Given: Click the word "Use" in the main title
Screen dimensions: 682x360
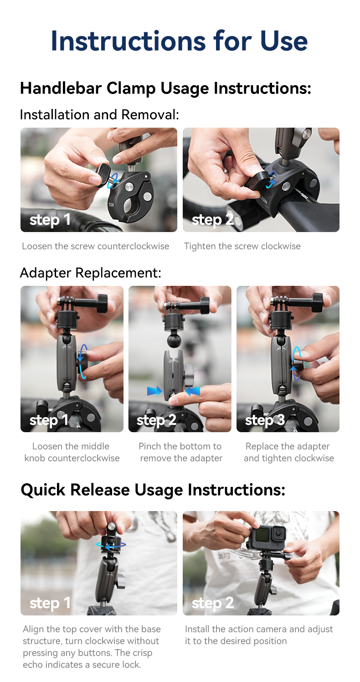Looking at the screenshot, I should click(x=284, y=41).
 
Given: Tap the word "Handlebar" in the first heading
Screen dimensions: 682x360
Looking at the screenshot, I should click(x=60, y=88).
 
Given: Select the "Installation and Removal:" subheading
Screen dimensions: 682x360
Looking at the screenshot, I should click(x=99, y=114).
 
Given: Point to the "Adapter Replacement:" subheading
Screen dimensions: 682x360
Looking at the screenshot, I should click(x=90, y=273).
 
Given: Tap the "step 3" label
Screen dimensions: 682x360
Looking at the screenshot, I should click(x=265, y=420).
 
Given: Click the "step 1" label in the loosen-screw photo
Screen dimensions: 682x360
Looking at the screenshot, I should click(x=50, y=220).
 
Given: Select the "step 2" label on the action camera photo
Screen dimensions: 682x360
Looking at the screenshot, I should click(x=213, y=603).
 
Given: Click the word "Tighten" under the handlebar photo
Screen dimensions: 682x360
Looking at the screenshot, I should click(x=199, y=246).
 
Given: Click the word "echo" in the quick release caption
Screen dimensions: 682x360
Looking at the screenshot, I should click(x=35, y=665).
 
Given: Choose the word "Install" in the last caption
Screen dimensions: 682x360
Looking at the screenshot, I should click(x=197, y=629).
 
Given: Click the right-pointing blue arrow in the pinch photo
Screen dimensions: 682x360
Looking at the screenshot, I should click(x=154, y=391).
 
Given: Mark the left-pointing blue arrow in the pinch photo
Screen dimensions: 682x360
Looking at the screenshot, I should click(x=193, y=391).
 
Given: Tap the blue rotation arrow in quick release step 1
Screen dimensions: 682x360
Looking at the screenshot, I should click(x=111, y=544).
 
